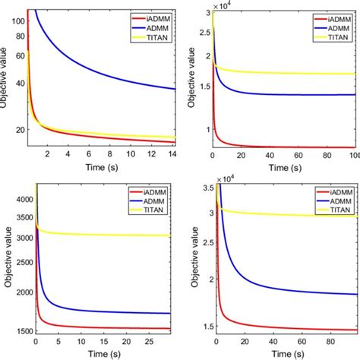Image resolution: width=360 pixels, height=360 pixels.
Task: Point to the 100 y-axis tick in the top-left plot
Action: point(18,21)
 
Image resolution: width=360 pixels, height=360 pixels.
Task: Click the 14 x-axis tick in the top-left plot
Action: point(172,156)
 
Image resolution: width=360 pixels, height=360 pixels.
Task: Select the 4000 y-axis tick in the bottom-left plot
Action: point(14,198)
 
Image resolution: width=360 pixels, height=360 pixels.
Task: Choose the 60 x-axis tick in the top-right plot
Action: point(299,156)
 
